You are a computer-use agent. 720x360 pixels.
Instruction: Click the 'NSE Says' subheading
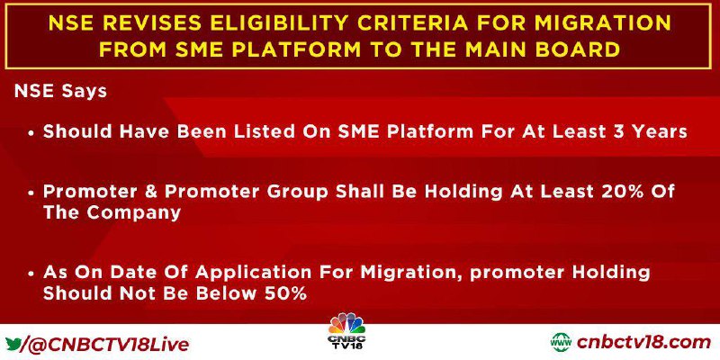point(60,92)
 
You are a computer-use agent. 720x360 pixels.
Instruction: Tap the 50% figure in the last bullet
point(286,294)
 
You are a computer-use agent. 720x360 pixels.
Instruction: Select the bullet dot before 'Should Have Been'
point(31,133)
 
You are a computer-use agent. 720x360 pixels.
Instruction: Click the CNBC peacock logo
point(346,330)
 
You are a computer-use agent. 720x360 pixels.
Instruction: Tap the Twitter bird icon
point(13,344)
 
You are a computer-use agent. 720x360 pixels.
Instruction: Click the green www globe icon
point(561,343)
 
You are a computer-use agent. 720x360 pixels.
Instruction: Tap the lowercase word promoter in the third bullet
point(515,274)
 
